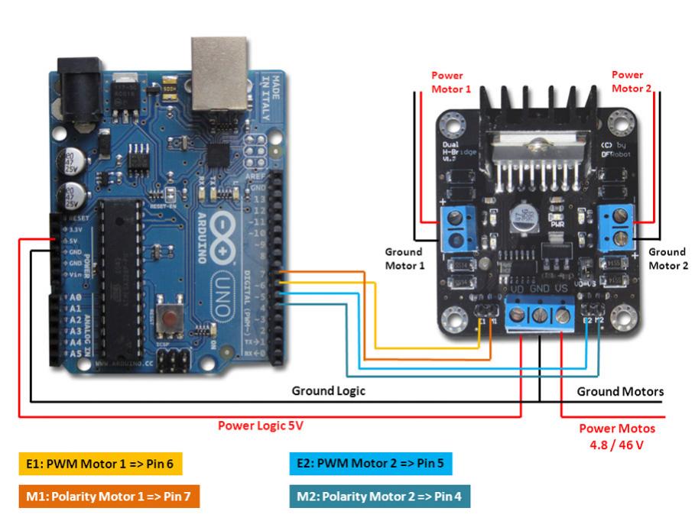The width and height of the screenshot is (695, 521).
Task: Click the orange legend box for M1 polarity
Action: point(109,497)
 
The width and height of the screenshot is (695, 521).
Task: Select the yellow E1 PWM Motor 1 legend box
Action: point(99,462)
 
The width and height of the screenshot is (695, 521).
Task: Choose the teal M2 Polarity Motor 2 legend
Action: point(379,497)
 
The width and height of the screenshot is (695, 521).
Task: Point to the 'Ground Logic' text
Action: point(329,391)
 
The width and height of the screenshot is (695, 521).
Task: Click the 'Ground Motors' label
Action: point(620,392)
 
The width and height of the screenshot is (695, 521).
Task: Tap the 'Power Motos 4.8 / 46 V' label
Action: point(616,436)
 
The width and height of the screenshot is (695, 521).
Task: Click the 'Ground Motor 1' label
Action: point(403,258)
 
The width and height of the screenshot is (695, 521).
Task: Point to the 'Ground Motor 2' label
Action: point(667,258)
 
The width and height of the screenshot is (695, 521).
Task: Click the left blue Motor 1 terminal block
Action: point(457,227)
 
